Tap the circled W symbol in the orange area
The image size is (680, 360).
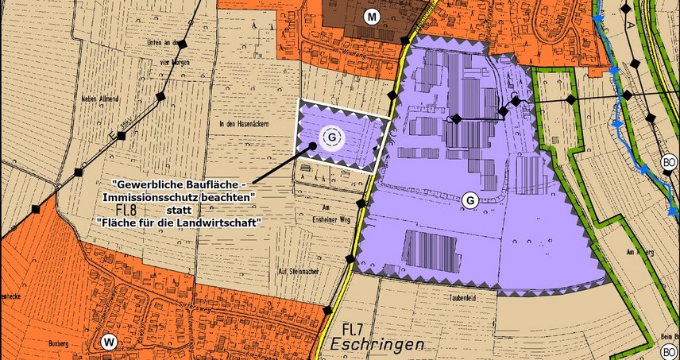110,342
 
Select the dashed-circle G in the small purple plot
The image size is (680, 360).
332,137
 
